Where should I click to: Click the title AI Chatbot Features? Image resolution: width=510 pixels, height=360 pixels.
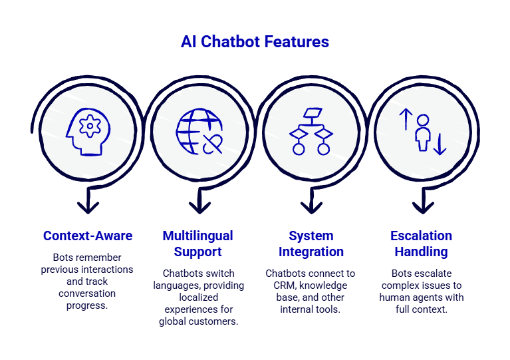tap(255, 42)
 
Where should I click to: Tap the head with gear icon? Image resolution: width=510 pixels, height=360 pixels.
tap(88, 132)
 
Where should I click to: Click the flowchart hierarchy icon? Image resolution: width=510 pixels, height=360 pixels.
tap(311, 132)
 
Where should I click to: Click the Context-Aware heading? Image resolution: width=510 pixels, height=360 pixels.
tap(88, 236)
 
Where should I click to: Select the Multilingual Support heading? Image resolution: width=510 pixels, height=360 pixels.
tap(197, 244)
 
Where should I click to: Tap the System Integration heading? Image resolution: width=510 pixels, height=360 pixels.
tap(311, 244)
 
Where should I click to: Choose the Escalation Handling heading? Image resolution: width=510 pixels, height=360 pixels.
tap(421, 244)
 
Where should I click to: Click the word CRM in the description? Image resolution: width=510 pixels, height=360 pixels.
tap(285, 285)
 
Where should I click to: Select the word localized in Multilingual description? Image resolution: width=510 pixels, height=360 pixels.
tap(198, 297)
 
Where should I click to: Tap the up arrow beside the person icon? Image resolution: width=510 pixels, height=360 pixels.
tap(406, 119)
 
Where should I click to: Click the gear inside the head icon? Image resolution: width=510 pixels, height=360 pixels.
tap(90, 126)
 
